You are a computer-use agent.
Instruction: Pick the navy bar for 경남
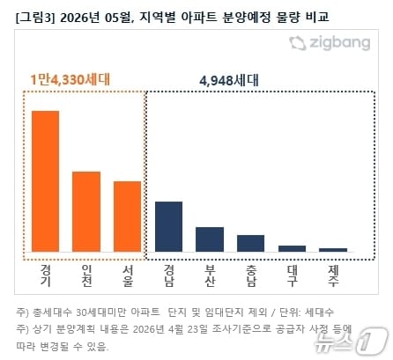(x=168, y=227)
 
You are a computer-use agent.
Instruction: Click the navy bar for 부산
(x=210, y=239)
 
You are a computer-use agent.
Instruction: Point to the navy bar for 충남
(x=250, y=243)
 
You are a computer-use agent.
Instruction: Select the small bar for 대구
(x=292, y=248)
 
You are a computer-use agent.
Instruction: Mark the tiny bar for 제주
(x=332, y=250)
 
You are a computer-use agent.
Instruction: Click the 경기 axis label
(x=46, y=276)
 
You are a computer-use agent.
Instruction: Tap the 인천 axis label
(x=86, y=276)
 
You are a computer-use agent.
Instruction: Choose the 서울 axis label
(x=127, y=276)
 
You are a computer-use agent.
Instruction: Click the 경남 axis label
(x=168, y=276)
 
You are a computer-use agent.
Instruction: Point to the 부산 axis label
(x=210, y=276)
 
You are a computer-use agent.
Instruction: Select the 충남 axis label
(x=250, y=276)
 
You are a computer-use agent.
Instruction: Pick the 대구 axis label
(x=292, y=276)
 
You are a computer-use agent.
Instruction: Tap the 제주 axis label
(x=332, y=276)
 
